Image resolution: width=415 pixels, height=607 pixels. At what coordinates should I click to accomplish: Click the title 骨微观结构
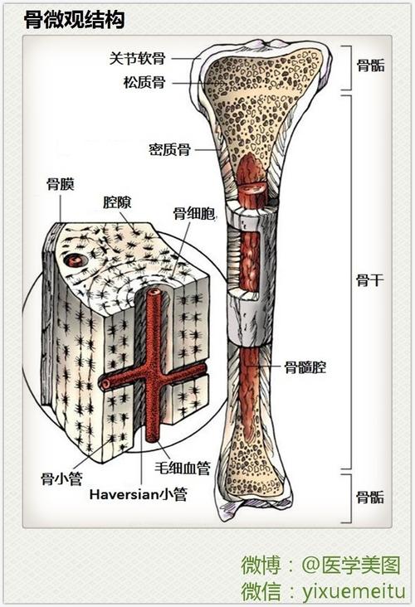[x=75, y=20]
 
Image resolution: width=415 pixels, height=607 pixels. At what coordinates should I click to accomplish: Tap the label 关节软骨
[x=137, y=59]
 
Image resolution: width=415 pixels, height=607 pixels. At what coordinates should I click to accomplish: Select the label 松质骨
[x=144, y=82]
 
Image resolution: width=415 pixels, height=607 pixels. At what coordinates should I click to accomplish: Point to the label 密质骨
[x=169, y=149]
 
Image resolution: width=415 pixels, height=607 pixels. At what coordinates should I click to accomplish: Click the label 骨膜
[x=61, y=184]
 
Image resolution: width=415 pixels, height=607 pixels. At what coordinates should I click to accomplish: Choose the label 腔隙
[x=117, y=202]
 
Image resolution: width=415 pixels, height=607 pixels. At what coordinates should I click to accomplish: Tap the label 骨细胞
[x=194, y=212]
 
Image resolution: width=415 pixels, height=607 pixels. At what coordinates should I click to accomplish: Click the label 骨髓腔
[x=305, y=367]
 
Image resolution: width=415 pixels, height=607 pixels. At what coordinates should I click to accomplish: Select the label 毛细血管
[x=183, y=468]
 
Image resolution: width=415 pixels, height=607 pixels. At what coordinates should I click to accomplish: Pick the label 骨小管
[x=62, y=479]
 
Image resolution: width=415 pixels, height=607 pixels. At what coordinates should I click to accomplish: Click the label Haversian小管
[x=139, y=494]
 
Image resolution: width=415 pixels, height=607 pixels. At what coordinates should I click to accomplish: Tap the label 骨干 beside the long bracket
[x=370, y=280]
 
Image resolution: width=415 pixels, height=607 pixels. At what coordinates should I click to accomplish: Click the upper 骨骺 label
[x=371, y=66]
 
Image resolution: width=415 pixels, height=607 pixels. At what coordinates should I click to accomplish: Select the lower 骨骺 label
[x=370, y=497]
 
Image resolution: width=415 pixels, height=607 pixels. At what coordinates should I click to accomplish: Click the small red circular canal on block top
[x=76, y=260]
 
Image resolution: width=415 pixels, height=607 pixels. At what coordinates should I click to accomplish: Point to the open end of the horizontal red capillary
[x=104, y=385]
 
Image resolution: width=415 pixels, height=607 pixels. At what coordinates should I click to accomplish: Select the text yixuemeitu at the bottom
[x=354, y=591]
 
